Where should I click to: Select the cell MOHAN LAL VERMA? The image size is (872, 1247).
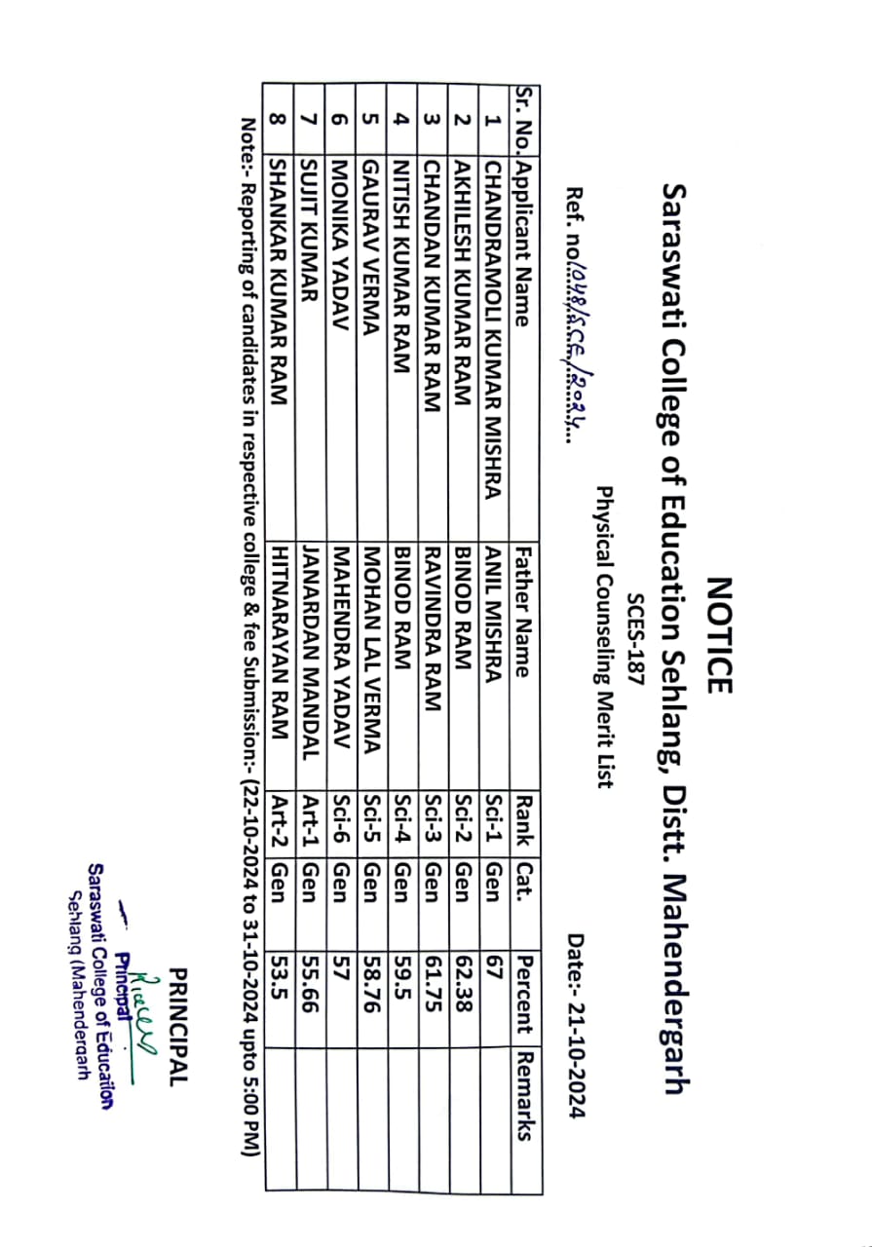coord(370,646)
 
